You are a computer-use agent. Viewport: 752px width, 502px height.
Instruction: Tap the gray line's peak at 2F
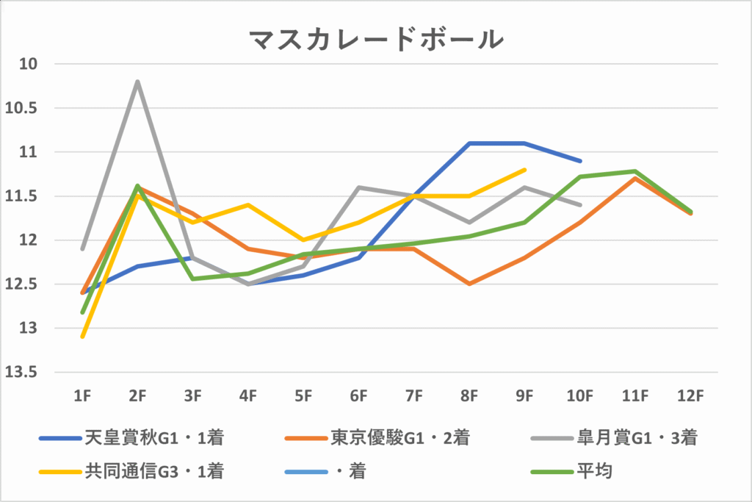pyautogui.click(x=137, y=82)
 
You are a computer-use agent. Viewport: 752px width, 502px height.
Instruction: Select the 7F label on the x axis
pyautogui.click(x=414, y=395)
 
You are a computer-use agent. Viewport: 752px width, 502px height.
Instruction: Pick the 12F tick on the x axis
pyautogui.click(x=690, y=395)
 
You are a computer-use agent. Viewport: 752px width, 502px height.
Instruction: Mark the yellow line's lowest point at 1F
pyautogui.click(x=82, y=337)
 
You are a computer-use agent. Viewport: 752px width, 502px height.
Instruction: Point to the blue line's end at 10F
pyautogui.click(x=580, y=161)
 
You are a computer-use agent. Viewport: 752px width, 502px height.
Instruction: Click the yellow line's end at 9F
pyautogui.click(x=525, y=170)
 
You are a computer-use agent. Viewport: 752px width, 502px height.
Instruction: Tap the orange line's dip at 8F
pyautogui.click(x=469, y=284)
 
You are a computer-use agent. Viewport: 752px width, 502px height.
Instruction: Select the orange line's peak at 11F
pyautogui.click(x=635, y=178)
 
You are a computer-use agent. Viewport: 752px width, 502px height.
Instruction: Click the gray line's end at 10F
pyautogui.click(x=580, y=205)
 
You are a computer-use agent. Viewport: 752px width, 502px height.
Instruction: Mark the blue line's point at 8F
pyautogui.click(x=469, y=143)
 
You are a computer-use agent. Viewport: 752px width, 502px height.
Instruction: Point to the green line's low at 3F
pyautogui.click(x=193, y=279)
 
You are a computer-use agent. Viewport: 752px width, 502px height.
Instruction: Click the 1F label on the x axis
pyautogui.click(x=82, y=395)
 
